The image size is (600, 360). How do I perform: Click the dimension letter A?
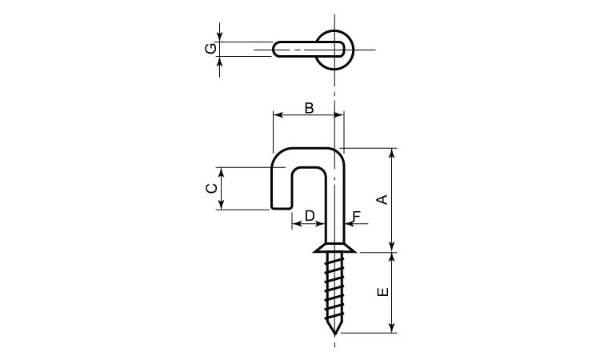click(x=383, y=199)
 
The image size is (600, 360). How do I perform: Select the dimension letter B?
click(x=309, y=108)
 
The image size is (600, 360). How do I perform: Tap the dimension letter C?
click(x=212, y=188)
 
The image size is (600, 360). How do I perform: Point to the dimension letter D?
click(x=310, y=216)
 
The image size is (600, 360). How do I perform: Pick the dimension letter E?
click(x=383, y=291)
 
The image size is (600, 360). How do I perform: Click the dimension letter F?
click(x=357, y=217)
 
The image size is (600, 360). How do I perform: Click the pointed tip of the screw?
click(x=335, y=334)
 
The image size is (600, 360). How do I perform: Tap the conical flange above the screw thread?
click(x=335, y=249)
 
